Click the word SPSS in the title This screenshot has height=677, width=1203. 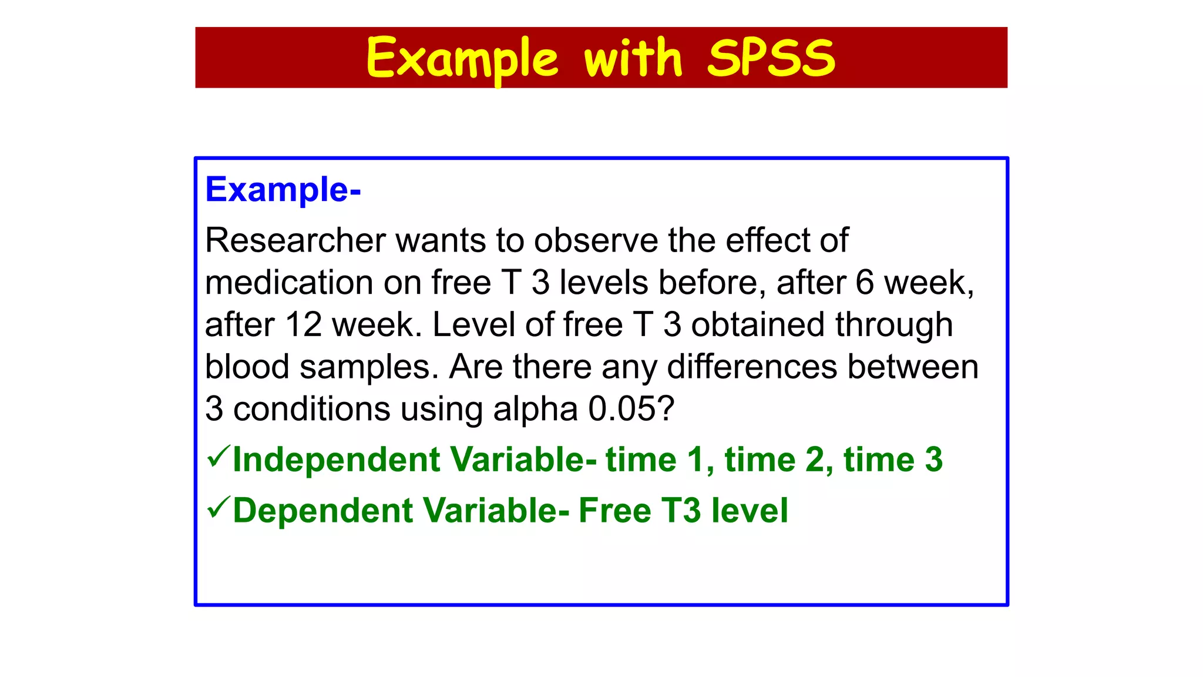tap(771, 58)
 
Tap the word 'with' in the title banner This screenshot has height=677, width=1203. tap(633, 58)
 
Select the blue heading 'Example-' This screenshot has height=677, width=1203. tap(283, 190)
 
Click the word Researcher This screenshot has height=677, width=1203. tap(295, 240)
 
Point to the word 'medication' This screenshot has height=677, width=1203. tap(289, 283)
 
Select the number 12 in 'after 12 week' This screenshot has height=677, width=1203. tap(304, 325)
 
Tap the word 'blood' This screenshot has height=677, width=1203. tap(247, 367)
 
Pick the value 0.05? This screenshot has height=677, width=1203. tap(631, 409)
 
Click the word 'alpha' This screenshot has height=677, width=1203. tap(535, 409)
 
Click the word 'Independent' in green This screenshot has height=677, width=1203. tap(336, 460)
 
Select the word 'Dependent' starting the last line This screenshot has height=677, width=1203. tap(323, 511)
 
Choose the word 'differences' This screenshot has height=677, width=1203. tap(752, 367)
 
